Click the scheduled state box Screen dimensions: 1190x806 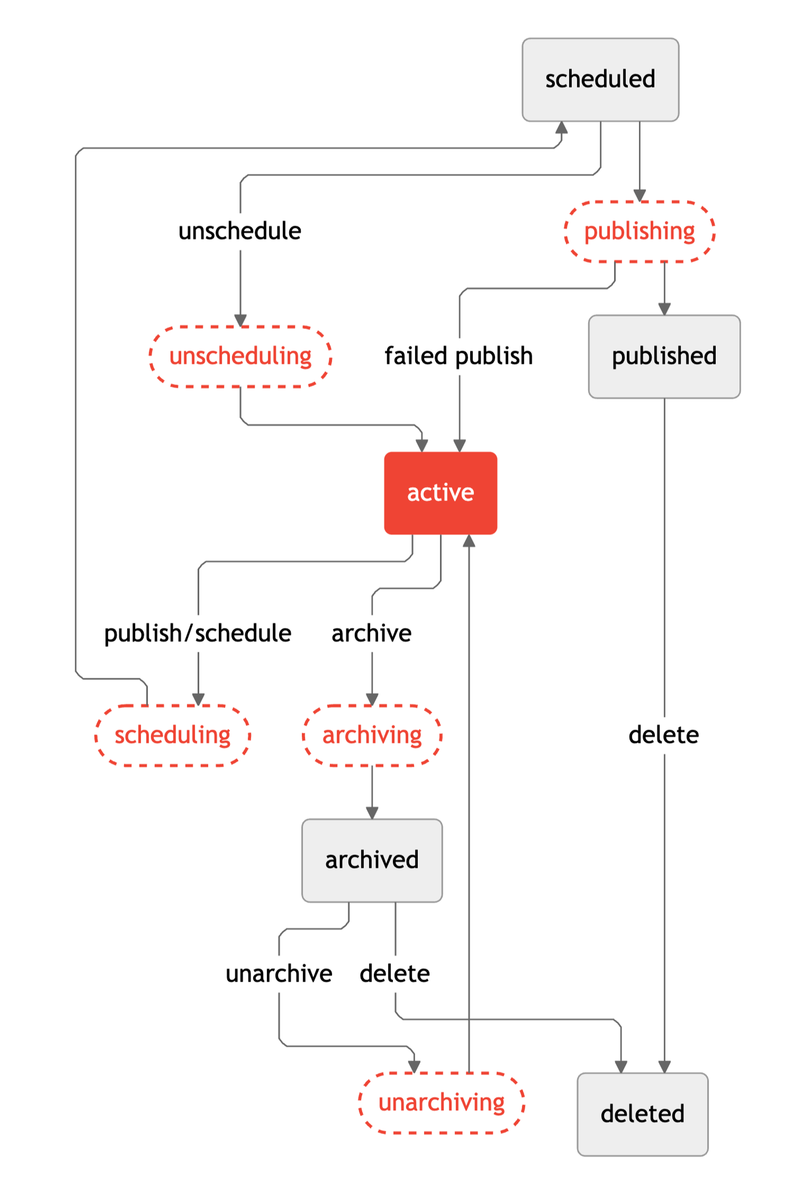(600, 80)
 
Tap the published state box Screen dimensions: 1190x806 (664, 356)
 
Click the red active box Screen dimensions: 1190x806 (440, 493)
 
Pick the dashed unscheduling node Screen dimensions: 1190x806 (240, 356)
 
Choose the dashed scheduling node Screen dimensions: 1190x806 (173, 735)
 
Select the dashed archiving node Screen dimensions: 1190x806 (372, 735)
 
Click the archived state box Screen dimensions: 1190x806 (372, 860)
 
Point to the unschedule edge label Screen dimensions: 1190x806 (240, 231)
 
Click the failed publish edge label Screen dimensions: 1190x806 (458, 356)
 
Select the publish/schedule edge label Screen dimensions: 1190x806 (198, 633)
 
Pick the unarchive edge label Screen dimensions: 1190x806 (279, 974)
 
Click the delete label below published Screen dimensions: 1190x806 (664, 735)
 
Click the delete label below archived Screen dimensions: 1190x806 (394, 974)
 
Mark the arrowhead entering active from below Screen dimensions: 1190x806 (468, 541)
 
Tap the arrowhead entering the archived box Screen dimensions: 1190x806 (372, 813)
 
